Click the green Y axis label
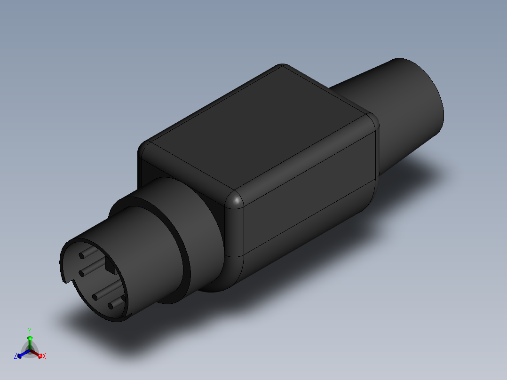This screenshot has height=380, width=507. point(30,331)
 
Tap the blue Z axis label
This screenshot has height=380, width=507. point(16,356)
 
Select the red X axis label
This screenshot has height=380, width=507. point(44,356)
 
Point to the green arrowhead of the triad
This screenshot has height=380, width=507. point(30,338)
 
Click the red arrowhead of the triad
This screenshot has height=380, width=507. point(40,355)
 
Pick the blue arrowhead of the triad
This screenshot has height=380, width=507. point(20,356)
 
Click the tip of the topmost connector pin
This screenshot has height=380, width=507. point(82,255)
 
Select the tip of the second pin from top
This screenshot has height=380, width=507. point(81,272)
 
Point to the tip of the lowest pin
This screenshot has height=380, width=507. point(111,306)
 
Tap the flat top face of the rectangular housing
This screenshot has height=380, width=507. point(259,132)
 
